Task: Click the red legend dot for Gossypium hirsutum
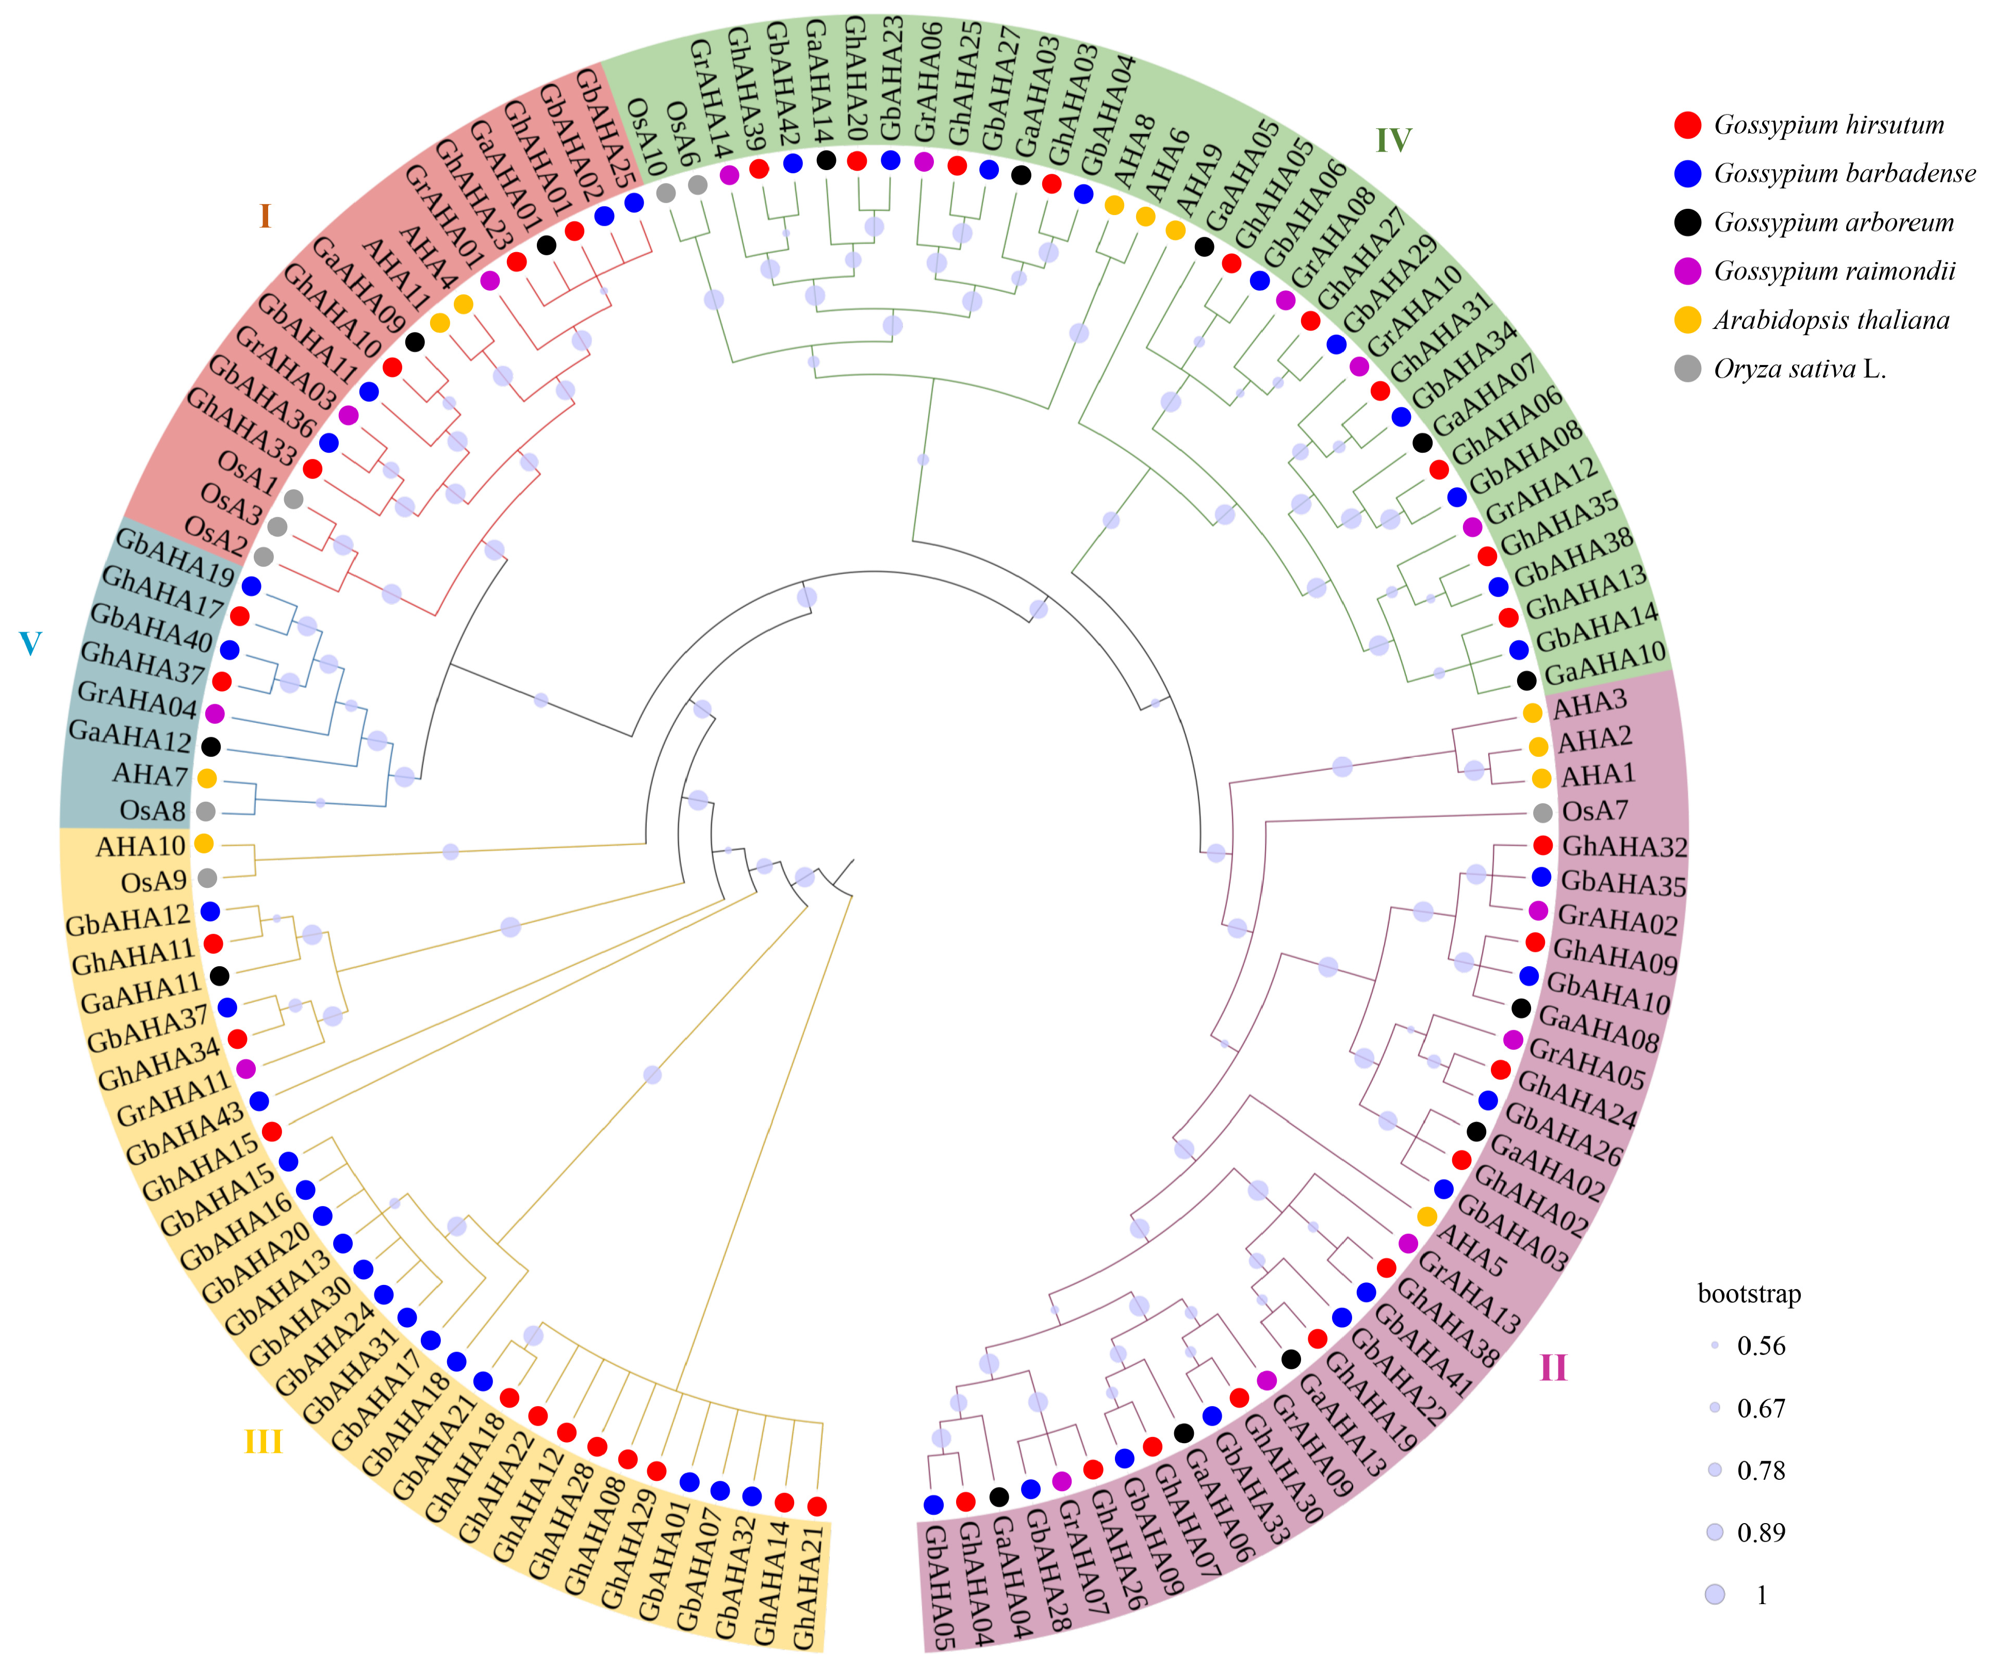1688,125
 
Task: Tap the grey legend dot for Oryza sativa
1688,369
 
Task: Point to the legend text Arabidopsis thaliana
1831,320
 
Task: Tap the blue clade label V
30,644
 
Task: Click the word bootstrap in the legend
1749,1294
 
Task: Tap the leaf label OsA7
1595,811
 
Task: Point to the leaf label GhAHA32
1624,846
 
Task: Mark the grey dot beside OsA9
207,878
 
